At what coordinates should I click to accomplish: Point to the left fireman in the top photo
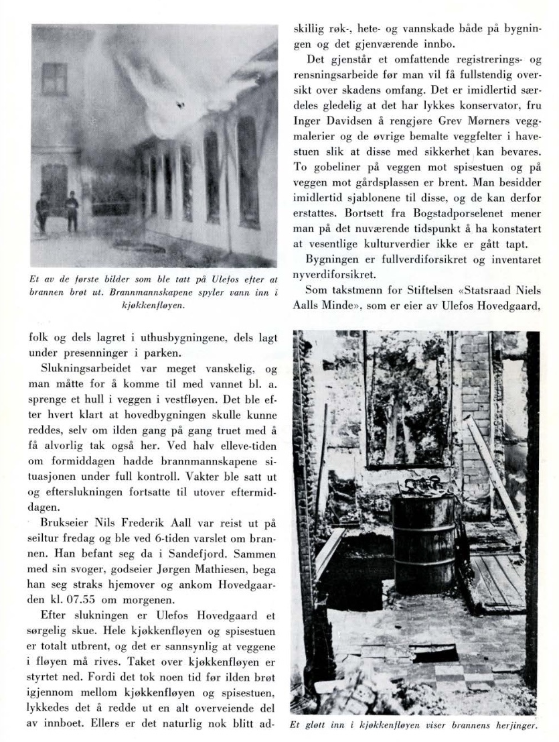click(44, 212)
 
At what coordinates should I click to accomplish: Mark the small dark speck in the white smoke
click(180, 104)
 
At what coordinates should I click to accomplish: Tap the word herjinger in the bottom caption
click(512, 725)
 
